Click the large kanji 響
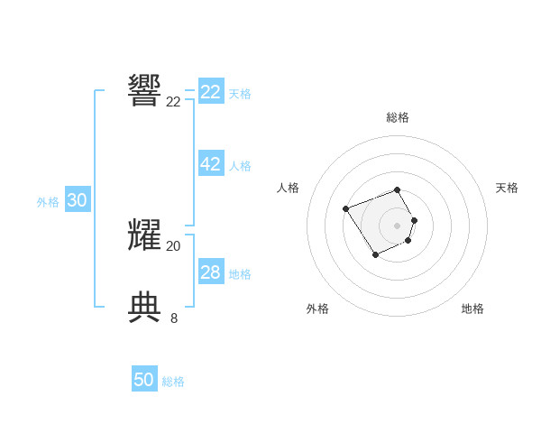click(x=145, y=90)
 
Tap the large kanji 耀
click(x=145, y=235)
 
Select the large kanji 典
click(x=145, y=307)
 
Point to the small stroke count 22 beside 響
click(x=173, y=102)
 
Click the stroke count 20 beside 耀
click(x=173, y=245)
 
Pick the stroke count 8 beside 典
click(x=174, y=318)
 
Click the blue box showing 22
click(x=211, y=92)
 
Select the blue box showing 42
click(x=211, y=164)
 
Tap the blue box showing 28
click(x=211, y=272)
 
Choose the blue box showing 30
click(x=77, y=201)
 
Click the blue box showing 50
click(x=144, y=380)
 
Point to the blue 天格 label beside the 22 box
click(x=240, y=94)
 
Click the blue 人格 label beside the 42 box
click(x=240, y=166)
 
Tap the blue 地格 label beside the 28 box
click(x=240, y=274)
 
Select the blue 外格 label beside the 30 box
click(x=48, y=203)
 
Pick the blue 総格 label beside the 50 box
click(x=173, y=382)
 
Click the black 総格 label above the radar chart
click(x=398, y=117)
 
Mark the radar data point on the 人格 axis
click(x=346, y=209)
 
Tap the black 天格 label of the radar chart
click(x=507, y=188)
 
